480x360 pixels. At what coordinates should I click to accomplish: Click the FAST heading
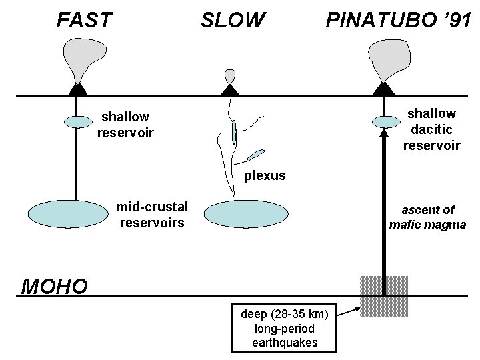tap(85, 21)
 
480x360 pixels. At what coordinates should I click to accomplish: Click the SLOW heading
tap(233, 21)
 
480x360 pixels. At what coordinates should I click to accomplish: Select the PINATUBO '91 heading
tap(397, 21)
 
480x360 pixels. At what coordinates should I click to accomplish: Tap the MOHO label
tap(54, 287)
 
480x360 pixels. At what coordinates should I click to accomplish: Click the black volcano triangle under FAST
tap(78, 89)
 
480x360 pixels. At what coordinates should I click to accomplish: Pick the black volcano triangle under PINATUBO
tap(383, 89)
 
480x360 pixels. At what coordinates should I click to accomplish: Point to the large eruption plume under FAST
tap(83, 56)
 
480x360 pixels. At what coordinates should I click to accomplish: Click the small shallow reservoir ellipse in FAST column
tap(78, 121)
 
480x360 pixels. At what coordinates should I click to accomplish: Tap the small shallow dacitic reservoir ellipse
tap(384, 121)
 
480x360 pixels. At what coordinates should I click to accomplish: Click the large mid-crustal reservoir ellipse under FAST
tap(63, 213)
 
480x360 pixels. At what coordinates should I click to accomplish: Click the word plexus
tap(264, 176)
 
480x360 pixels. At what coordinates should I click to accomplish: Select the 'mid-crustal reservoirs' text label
tap(152, 214)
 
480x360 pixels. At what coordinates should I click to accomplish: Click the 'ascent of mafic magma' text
tap(427, 217)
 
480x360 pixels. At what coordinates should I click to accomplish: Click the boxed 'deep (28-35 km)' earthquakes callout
tap(285, 328)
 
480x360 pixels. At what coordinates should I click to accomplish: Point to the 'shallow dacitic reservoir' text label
tap(431, 129)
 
